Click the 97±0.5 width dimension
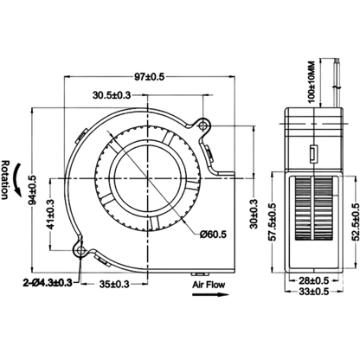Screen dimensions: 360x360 click(149, 77)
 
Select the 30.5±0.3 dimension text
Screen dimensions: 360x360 click(112, 95)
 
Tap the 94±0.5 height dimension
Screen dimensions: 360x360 click(34, 190)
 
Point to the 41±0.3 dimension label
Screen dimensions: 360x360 click(51, 215)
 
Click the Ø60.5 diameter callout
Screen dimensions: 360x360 click(214, 235)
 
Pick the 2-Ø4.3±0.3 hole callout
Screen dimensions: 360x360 click(48, 283)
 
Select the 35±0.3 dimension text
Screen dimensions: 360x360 click(114, 285)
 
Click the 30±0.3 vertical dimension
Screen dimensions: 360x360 click(254, 214)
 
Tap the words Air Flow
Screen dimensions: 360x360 click(209, 285)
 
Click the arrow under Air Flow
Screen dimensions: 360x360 click(210, 294)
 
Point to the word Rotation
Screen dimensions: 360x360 click(5, 179)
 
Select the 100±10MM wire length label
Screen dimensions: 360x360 click(312, 82)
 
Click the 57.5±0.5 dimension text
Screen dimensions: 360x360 click(273, 222)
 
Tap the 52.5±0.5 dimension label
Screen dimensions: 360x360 click(356, 222)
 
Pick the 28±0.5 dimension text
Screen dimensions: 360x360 click(314, 280)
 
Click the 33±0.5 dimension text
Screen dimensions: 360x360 click(314, 292)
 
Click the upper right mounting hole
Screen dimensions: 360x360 click(203, 125)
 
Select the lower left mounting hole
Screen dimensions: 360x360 click(80, 250)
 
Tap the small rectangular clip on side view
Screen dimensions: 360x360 click(313, 154)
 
